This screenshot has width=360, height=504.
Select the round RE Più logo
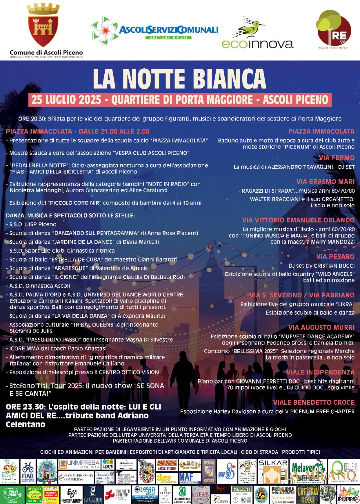[333, 29]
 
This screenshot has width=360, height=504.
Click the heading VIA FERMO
[337, 158]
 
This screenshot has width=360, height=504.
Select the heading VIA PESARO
[335, 257]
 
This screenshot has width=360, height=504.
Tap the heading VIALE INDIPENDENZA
[320, 372]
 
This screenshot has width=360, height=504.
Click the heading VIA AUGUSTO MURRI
[321, 328]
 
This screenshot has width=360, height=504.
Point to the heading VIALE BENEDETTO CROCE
[314, 402]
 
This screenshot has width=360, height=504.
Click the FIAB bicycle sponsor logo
[28, 472]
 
